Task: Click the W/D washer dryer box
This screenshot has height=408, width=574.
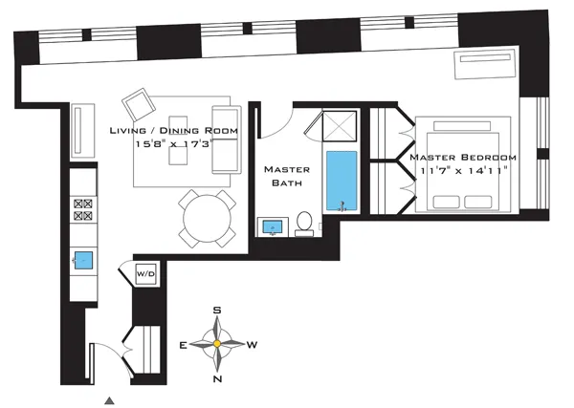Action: click(x=145, y=272)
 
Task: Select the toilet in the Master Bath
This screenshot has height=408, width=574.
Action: click(x=304, y=223)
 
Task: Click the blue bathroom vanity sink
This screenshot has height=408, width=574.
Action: click(x=271, y=227)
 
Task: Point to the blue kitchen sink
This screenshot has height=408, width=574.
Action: click(x=84, y=258)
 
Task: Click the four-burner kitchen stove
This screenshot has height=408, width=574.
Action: click(x=83, y=210)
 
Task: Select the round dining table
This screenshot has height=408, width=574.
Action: click(x=208, y=218)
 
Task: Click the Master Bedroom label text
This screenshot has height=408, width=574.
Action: click(x=463, y=157)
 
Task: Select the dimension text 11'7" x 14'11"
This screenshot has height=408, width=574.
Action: click(x=463, y=170)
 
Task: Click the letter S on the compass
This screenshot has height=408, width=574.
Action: click(x=217, y=311)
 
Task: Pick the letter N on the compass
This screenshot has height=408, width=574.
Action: click(x=217, y=379)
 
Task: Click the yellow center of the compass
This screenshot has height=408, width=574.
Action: click(x=217, y=344)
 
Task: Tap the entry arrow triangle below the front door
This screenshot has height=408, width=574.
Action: click(x=111, y=400)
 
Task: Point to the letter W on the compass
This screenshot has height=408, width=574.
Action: click(x=254, y=344)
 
